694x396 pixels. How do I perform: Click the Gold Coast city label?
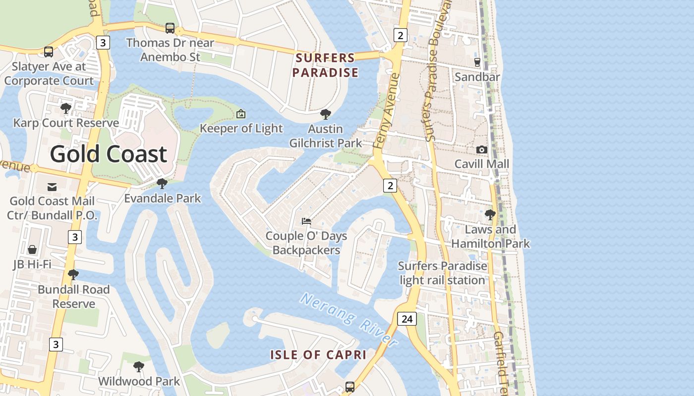pyautogui.click(x=108, y=154)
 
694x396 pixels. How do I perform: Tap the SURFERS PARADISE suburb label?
pyautogui.click(x=325, y=65)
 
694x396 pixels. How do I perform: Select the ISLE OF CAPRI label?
pyautogui.click(x=318, y=354)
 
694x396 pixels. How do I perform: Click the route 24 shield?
pyautogui.click(x=407, y=319)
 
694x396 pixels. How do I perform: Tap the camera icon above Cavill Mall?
pyautogui.click(x=481, y=149)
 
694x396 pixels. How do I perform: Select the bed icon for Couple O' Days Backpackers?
pyautogui.click(x=306, y=221)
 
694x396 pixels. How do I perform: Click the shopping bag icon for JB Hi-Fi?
pyautogui.click(x=32, y=249)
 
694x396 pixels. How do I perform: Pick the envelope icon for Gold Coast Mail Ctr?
pyautogui.click(x=52, y=187)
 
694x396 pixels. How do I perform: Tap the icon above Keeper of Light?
pyautogui.click(x=241, y=114)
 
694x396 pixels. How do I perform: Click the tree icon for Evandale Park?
pyautogui.click(x=162, y=184)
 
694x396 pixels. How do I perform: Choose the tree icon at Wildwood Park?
pyautogui.click(x=139, y=367)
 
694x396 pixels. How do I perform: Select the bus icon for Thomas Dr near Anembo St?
pyautogui.click(x=170, y=28)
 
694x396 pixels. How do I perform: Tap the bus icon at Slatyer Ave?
pyautogui.click(x=49, y=51)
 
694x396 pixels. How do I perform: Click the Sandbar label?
pyautogui.click(x=477, y=77)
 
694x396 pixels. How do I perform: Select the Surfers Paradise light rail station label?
pyautogui.click(x=443, y=273)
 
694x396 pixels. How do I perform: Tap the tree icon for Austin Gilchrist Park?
pyautogui.click(x=326, y=114)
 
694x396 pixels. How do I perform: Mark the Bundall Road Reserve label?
pyautogui.click(x=73, y=297)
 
